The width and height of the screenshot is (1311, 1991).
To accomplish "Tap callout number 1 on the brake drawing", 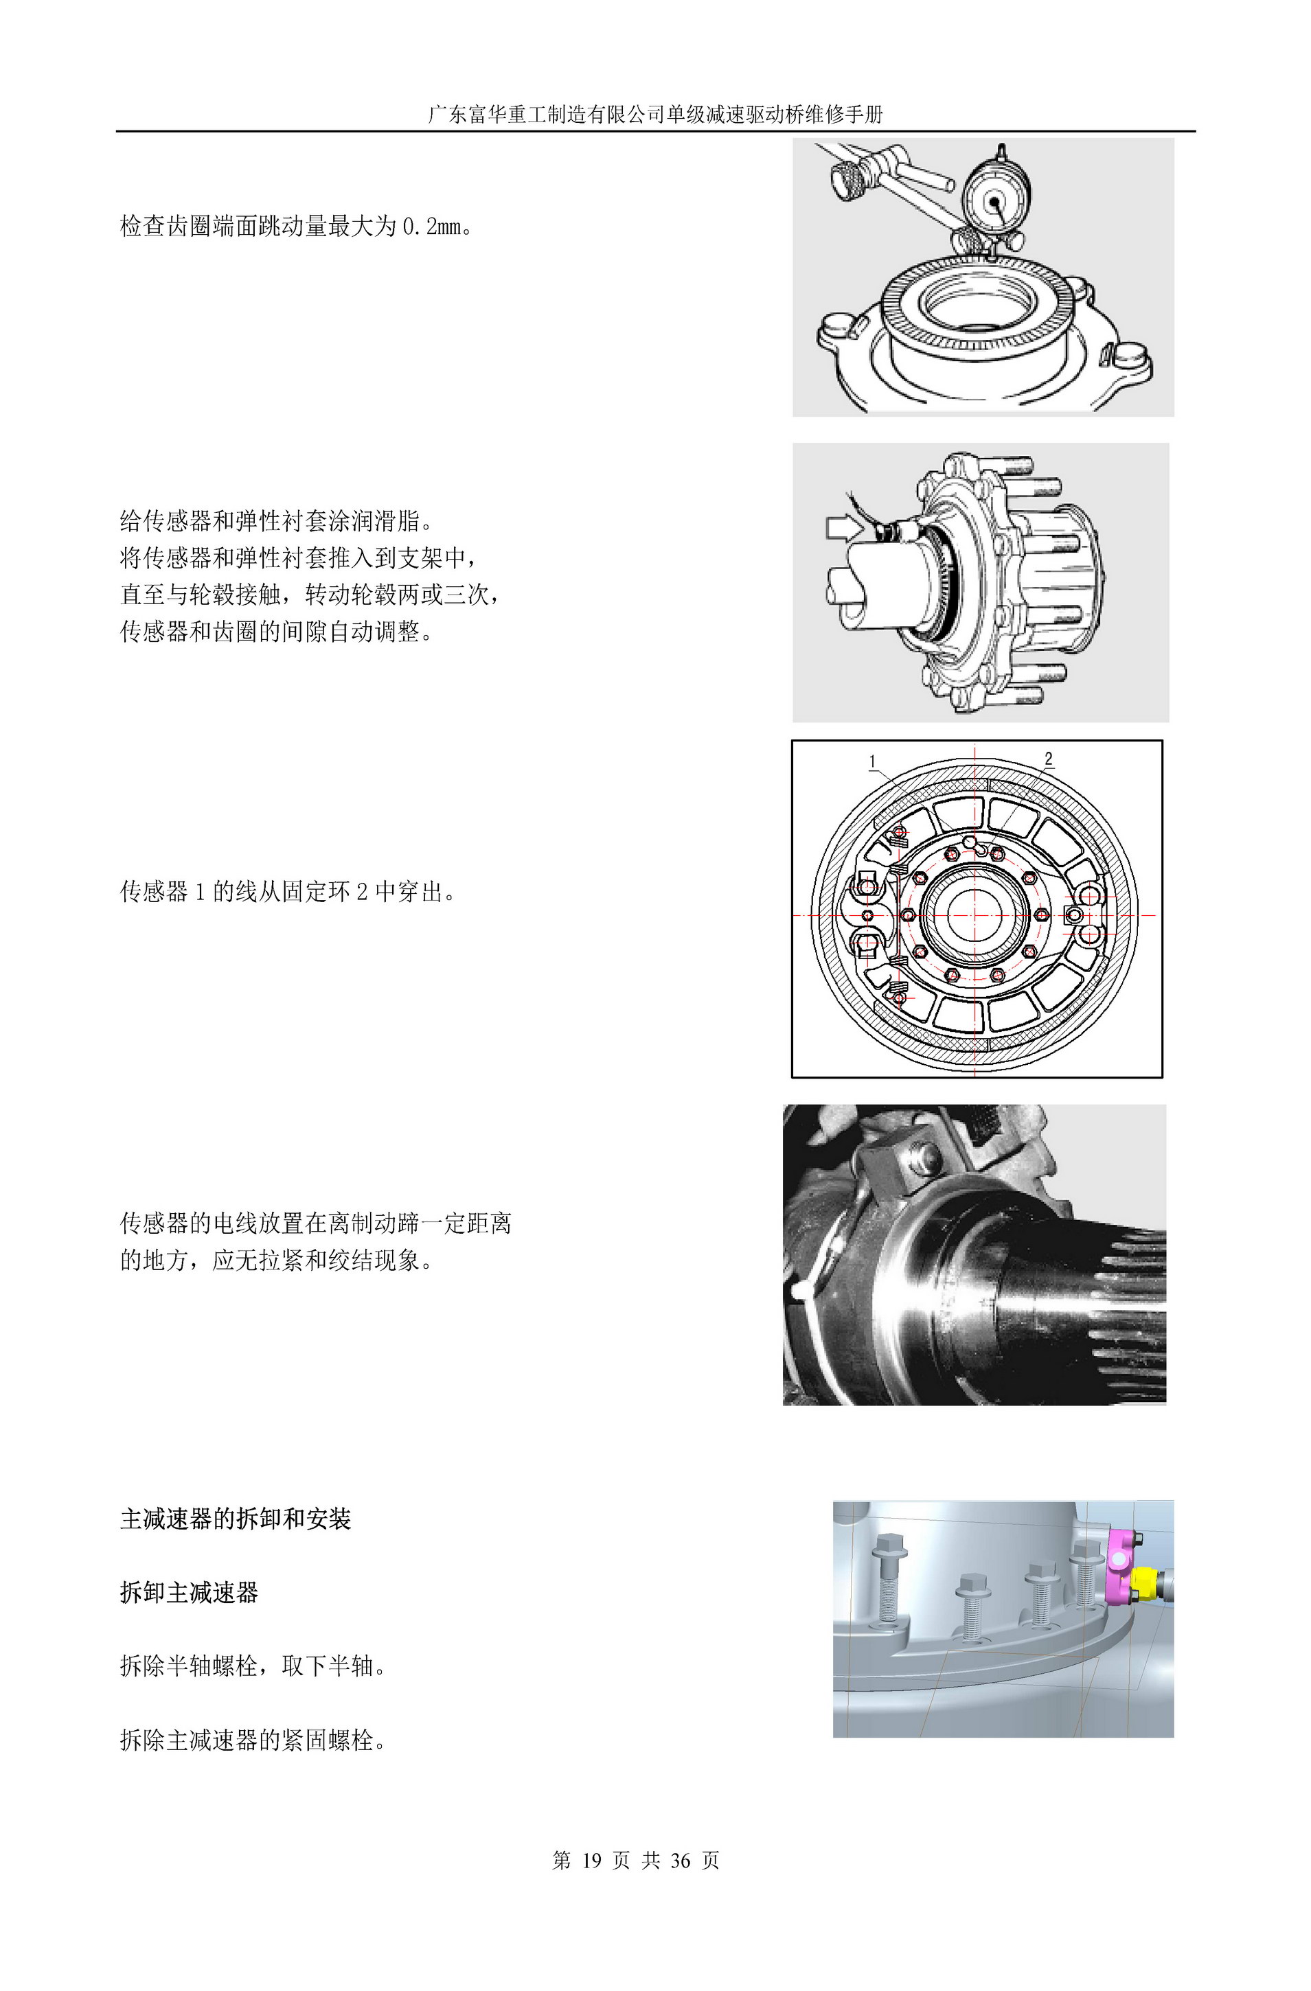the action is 873,761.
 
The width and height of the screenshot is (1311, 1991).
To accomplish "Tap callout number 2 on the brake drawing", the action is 1048,758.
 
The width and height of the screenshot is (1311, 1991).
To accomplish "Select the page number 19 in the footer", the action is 591,1860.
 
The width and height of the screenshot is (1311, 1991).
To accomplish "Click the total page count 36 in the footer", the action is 680,1860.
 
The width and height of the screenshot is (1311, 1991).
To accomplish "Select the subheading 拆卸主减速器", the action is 189,1592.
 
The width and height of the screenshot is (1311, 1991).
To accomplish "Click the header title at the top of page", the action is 655,115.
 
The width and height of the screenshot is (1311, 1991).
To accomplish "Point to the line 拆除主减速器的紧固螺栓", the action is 253,1741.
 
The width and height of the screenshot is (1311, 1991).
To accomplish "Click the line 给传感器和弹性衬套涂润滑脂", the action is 276,521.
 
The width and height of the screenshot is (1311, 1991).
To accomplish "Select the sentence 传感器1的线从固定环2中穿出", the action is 288,892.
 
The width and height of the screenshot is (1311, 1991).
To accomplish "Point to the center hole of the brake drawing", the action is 974,915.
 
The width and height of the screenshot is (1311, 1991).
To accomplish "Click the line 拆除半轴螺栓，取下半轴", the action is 253,1666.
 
